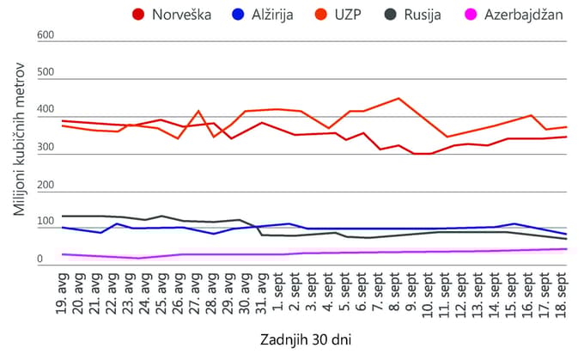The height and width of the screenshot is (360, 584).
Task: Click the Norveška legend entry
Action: (172, 15)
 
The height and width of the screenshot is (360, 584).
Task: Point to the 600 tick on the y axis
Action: (46, 35)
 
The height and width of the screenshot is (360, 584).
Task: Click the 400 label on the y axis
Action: (46, 110)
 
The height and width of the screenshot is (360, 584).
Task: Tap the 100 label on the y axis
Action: (46, 223)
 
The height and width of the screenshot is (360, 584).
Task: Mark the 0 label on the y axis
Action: (40, 259)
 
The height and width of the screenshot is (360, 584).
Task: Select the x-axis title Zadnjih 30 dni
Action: (306, 340)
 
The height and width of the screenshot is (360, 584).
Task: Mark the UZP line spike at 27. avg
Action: (198, 111)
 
